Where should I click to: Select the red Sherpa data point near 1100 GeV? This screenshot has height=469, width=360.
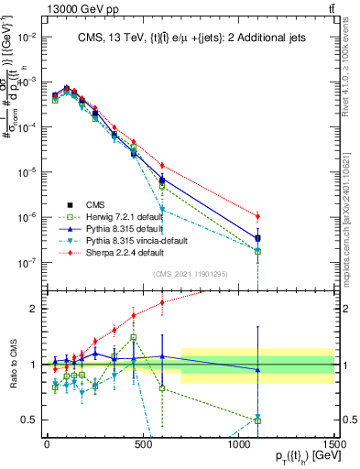coord(258,216)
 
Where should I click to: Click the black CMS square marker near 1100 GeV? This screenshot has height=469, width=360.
coord(258,238)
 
